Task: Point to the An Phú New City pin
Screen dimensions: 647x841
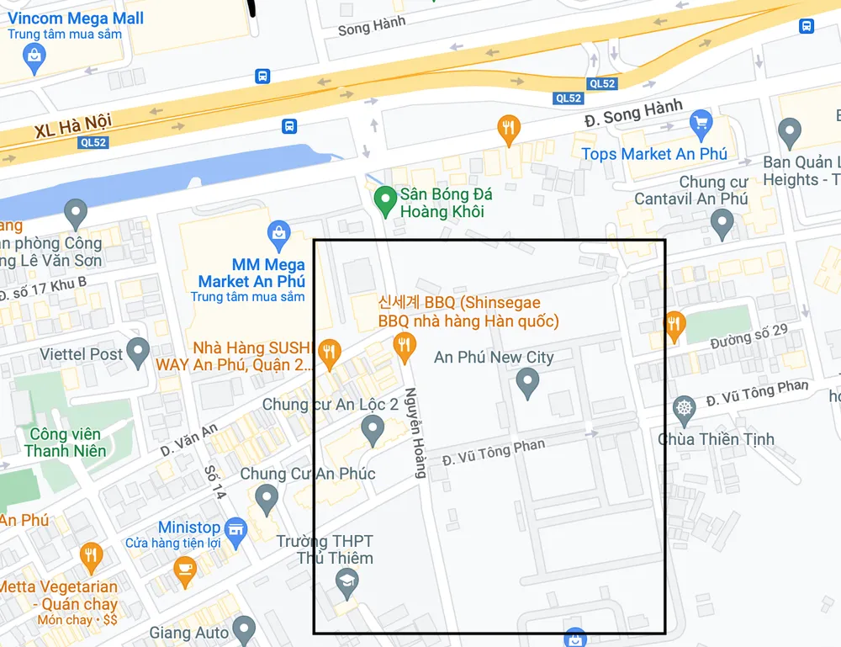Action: tap(527, 384)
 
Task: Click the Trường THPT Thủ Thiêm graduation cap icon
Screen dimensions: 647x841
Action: tap(346, 580)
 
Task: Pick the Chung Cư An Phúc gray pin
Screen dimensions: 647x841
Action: tap(267, 499)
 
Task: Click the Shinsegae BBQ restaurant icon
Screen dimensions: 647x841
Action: tap(405, 344)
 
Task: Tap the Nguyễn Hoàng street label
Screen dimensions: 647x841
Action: tap(415, 432)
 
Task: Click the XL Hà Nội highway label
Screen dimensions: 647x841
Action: tap(73, 127)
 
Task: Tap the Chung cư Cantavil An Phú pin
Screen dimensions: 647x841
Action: tap(722, 223)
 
